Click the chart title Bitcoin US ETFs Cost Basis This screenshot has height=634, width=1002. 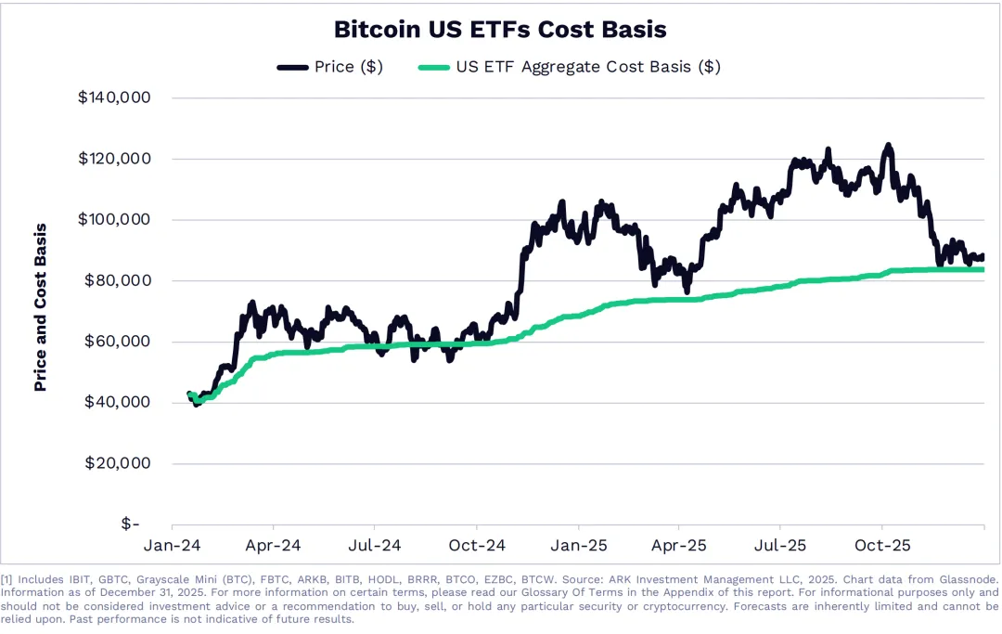[500, 30]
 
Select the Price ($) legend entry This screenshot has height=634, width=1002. [329, 67]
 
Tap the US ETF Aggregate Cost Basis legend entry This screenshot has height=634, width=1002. [570, 67]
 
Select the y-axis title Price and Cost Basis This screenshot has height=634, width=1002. [41, 306]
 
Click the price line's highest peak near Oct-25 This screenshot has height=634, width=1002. [888, 146]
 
